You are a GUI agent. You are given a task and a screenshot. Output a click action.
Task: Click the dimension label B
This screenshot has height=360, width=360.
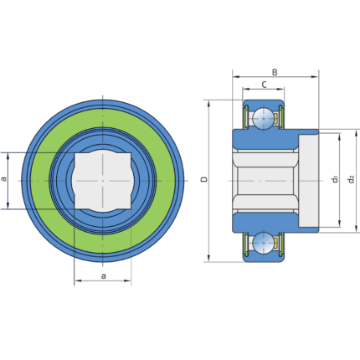(275, 72)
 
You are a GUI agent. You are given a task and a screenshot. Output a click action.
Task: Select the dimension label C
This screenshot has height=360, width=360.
(264, 85)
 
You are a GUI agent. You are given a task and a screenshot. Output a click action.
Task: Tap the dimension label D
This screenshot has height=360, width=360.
(204, 179)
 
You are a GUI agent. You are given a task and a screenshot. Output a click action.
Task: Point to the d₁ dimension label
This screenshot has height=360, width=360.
(336, 179)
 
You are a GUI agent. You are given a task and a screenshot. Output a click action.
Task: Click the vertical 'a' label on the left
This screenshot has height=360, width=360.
(3, 178)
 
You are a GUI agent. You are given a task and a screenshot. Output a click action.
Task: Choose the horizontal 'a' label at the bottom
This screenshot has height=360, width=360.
(104, 276)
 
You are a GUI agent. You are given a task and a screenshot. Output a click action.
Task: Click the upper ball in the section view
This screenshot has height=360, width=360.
(264, 118)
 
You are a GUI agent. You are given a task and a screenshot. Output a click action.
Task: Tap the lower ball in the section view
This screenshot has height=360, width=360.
(264, 243)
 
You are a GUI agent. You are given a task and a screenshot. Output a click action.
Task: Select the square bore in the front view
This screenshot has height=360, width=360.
(103, 181)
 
